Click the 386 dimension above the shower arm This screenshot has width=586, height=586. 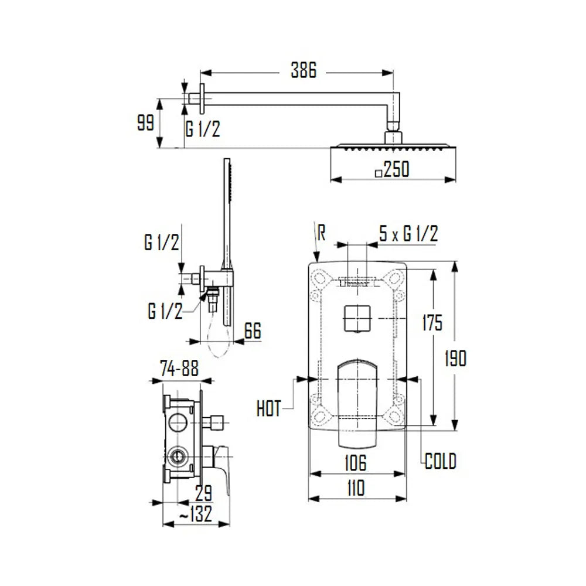tap(304, 70)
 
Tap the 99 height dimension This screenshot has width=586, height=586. tap(145, 122)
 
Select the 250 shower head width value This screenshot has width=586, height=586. tap(397, 169)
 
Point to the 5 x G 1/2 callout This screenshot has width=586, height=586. tap(408, 234)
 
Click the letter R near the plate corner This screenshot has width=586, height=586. tap(321, 233)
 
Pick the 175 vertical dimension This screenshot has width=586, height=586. tap(432, 322)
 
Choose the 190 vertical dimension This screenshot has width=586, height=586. tap(455, 359)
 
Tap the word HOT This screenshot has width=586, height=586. tap(269, 408)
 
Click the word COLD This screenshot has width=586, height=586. tap(441, 461)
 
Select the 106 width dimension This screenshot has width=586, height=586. tap(356, 463)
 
